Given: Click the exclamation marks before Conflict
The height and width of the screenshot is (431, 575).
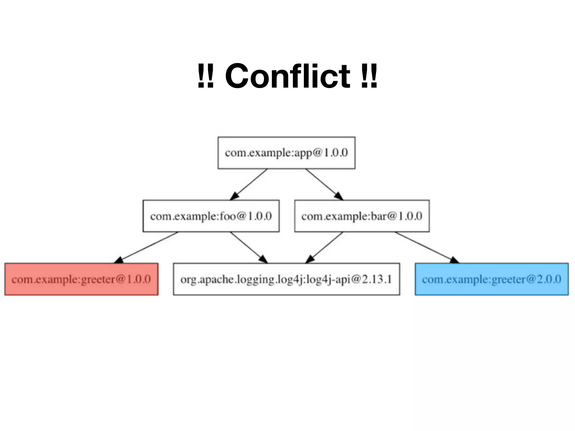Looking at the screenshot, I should click(x=206, y=76).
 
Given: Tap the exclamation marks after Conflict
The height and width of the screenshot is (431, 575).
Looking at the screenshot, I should click(x=369, y=76).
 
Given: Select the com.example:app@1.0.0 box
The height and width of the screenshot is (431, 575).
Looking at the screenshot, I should click(x=286, y=153).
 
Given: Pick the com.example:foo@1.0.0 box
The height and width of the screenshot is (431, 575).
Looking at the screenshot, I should click(x=211, y=216).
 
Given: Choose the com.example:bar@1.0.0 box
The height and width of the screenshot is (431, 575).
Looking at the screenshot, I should click(x=362, y=216).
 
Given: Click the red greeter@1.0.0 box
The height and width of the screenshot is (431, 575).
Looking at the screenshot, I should click(x=81, y=279).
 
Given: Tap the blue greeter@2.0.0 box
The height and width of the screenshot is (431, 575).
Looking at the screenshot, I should click(x=492, y=279).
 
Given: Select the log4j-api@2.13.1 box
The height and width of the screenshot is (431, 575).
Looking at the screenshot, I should click(x=286, y=279).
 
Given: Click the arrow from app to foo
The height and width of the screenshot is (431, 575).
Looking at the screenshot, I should click(x=248, y=184).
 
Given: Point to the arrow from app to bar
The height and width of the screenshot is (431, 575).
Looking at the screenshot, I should click(x=324, y=184).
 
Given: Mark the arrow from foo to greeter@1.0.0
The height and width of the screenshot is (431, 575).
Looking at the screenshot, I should click(x=146, y=247).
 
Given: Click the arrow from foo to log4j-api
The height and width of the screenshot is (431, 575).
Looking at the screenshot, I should click(x=249, y=247).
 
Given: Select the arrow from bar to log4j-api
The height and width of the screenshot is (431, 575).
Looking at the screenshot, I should click(x=324, y=247).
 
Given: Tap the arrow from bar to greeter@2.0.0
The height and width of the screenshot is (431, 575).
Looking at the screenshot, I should click(x=427, y=247).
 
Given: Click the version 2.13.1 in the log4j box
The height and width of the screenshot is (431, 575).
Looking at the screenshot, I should click(x=377, y=279).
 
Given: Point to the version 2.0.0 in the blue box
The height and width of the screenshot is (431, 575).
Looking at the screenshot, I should click(x=549, y=279).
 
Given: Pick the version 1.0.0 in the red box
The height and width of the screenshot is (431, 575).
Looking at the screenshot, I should click(x=139, y=279).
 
